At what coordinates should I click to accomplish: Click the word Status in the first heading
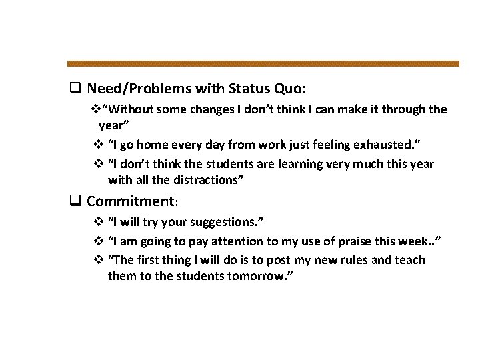coord(251,88)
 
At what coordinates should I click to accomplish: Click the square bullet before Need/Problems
coord(76,88)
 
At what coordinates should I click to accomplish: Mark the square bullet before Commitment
coord(76,201)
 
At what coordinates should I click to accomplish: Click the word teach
coord(409,259)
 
